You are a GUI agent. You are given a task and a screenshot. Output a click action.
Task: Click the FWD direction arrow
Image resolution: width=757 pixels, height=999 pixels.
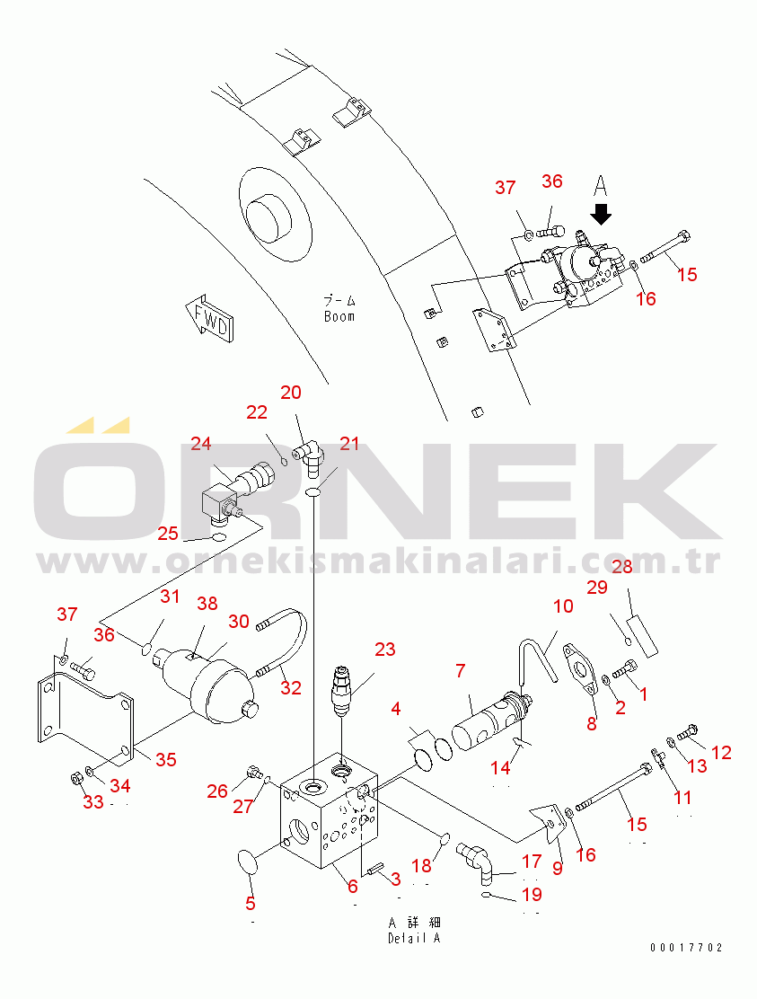(x=209, y=319)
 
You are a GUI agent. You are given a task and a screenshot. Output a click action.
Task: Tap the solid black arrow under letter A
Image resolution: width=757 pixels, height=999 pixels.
(x=601, y=214)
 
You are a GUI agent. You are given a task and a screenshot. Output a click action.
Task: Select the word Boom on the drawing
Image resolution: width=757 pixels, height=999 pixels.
(x=339, y=316)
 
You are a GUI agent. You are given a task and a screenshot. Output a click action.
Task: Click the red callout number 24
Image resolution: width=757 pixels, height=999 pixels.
(x=200, y=444)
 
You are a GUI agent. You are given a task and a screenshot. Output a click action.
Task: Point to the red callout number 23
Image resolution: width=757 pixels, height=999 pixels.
(x=385, y=650)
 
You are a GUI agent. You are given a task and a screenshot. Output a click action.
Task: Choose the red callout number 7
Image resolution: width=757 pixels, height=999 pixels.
(x=461, y=670)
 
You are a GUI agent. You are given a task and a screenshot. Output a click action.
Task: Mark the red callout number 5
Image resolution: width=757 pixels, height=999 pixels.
(x=251, y=903)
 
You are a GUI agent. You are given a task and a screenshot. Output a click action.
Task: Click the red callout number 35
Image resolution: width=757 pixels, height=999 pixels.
(x=166, y=759)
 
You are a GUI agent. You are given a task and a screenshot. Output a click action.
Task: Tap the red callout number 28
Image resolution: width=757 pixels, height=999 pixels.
(x=622, y=566)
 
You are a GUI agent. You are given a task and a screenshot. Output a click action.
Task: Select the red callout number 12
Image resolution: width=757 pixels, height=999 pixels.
(x=721, y=753)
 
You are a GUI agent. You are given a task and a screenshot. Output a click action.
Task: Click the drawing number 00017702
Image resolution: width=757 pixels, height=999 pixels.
(x=686, y=948)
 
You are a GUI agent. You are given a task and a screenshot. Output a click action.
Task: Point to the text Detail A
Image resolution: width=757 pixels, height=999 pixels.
(x=414, y=938)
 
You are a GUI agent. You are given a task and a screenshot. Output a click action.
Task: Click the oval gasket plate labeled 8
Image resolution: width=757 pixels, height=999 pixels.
(x=581, y=671)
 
